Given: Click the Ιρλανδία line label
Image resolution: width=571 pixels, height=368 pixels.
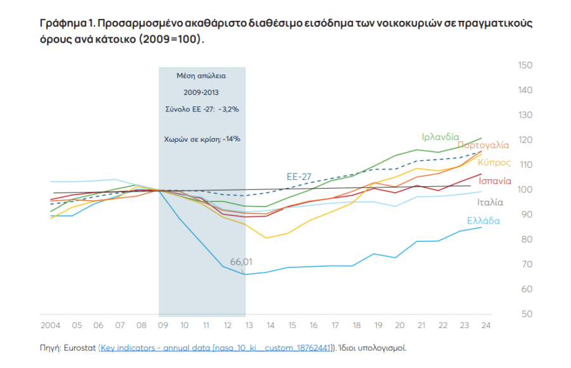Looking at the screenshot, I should (x=440, y=137).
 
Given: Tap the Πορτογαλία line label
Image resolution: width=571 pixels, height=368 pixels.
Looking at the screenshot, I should (x=483, y=145).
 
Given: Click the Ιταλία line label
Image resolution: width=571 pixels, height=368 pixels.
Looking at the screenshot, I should (x=490, y=203).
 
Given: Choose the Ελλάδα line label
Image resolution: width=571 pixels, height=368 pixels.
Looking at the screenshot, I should (x=483, y=221).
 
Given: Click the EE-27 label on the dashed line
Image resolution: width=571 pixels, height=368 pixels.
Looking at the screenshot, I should (x=299, y=177).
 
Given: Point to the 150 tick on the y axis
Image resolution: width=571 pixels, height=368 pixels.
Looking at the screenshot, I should (x=525, y=65).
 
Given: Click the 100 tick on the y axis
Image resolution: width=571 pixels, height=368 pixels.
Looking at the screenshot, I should (x=525, y=190).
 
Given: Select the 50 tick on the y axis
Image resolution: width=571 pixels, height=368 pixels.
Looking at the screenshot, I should (x=525, y=314).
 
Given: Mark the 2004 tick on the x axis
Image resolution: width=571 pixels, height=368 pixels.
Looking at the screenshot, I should (x=50, y=325).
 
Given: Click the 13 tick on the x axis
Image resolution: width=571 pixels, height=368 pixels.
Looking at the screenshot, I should (x=249, y=325).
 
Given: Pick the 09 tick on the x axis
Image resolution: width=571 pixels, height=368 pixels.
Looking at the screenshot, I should (x=163, y=325).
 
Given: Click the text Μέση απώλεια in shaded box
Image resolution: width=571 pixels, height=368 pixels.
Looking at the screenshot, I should (x=201, y=75).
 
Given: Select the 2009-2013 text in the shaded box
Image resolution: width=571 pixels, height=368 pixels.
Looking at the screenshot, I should (x=201, y=92).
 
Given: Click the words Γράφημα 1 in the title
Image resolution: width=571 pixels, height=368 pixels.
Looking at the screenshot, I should (x=67, y=23).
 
